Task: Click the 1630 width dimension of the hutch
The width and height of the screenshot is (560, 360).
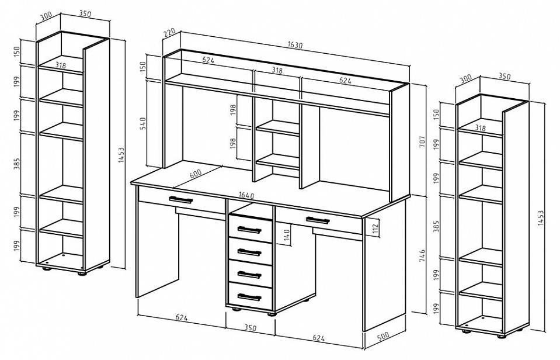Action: (x=295, y=45)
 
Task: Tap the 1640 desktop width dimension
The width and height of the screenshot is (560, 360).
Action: (x=246, y=196)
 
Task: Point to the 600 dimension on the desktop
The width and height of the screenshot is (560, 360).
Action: (x=196, y=174)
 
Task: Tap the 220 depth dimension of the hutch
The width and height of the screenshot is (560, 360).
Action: (x=169, y=34)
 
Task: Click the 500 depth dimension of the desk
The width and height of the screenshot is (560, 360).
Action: (x=382, y=337)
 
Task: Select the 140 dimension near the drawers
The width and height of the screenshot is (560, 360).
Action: (x=287, y=235)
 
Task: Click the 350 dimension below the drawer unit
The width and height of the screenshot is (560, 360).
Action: (x=251, y=327)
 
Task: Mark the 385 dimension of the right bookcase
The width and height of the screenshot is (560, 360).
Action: (x=436, y=227)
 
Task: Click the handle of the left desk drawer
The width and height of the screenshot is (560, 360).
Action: (x=180, y=200)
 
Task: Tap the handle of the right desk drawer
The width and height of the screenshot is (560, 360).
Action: (x=318, y=220)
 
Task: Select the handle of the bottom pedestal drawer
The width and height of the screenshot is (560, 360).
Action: (x=249, y=297)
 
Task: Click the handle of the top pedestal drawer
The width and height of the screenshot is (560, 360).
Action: (x=249, y=230)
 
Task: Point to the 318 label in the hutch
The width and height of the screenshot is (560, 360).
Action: (x=277, y=71)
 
